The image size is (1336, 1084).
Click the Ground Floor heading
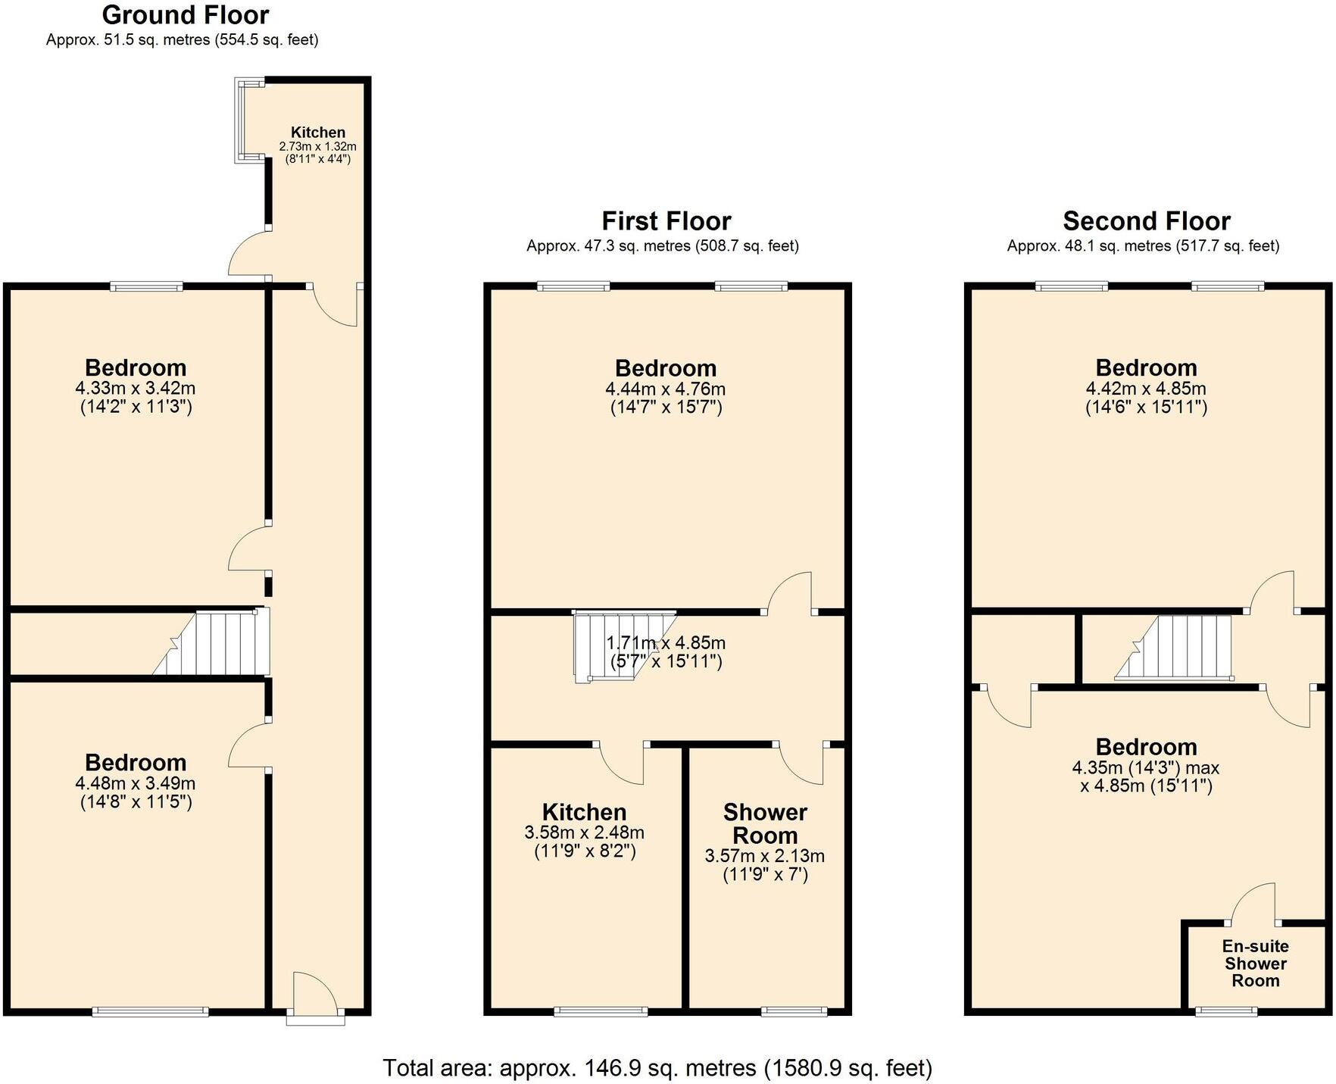(185, 15)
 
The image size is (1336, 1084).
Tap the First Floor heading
(666, 221)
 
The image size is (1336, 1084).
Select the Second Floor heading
(1146, 221)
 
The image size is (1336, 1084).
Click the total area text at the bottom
(657, 1067)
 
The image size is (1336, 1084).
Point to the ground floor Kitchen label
(317, 133)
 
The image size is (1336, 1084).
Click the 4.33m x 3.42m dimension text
(136, 389)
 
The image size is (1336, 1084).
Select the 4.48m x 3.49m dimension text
(136, 783)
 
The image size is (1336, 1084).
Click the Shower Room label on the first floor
(765, 823)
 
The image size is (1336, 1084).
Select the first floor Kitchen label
(584, 812)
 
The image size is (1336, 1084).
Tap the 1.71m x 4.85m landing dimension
(666, 643)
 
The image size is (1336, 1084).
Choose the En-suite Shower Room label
(1255, 963)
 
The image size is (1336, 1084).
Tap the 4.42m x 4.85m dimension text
(1146, 389)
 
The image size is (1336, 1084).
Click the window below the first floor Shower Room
(794, 1011)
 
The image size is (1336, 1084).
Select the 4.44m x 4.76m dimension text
(666, 389)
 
